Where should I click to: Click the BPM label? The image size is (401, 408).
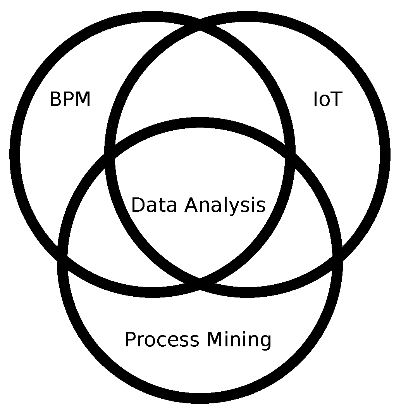70,100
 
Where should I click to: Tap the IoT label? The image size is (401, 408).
327,100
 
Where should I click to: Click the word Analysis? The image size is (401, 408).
225,205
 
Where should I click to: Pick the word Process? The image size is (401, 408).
162,340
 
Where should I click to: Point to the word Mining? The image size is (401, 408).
239,340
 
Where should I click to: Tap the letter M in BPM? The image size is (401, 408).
83,100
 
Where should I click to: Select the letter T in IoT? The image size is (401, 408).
335,100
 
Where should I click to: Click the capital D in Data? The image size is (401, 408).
138,205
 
